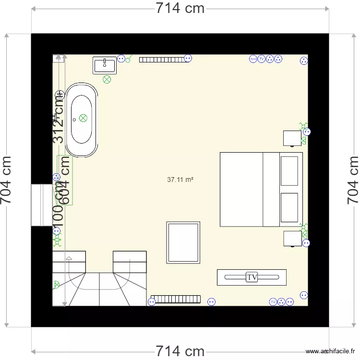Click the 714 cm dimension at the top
coord(180,8)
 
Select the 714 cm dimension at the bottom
coord(180,351)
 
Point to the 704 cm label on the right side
coord(353,180)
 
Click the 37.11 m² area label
coord(180,180)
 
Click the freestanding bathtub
coord(81,120)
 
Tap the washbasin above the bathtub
coord(104,65)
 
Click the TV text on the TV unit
coord(252,277)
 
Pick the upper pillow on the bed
coord(289,170)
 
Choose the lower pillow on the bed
coord(289,207)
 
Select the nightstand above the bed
coord(292,138)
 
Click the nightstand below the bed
coord(292,239)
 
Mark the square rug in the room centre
coord(183,242)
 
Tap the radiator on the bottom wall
coord(175,299)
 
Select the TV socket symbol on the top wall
coord(261,59)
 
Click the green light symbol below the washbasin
coord(107,79)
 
